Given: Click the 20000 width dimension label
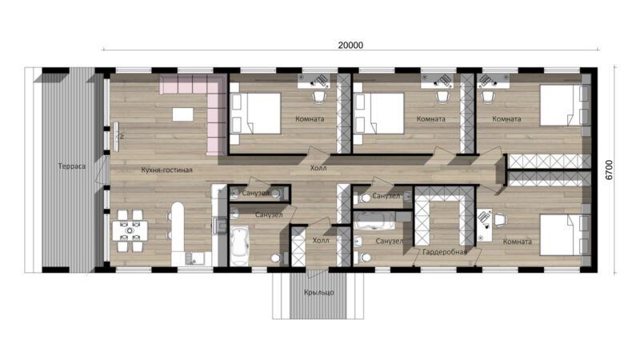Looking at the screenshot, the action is (x=350, y=45).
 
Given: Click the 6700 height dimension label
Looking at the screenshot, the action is (x=609, y=170).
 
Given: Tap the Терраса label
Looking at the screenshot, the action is (x=72, y=166).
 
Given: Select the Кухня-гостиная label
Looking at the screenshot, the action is (x=166, y=170).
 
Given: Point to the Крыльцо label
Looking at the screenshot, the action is (x=318, y=292).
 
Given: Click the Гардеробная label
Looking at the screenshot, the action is (x=445, y=252).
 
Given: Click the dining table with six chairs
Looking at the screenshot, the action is (x=130, y=231).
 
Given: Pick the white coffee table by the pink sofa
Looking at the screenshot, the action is (x=183, y=114).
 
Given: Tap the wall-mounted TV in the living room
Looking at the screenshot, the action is (x=116, y=136).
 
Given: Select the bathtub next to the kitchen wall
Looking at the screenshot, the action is (x=239, y=246).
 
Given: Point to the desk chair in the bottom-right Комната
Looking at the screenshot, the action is (x=501, y=219).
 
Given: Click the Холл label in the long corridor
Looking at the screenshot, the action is (x=318, y=168).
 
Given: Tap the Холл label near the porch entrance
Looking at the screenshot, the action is (x=321, y=241).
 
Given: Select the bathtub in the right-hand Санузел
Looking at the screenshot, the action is (x=374, y=221).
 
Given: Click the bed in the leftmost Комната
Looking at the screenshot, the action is (x=255, y=113).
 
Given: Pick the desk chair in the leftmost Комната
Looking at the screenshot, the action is (x=319, y=97).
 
